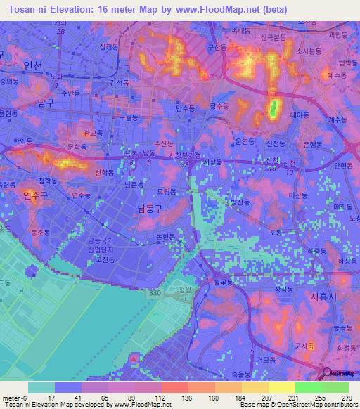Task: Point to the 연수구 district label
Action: click(34, 194)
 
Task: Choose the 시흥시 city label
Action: click(324, 297)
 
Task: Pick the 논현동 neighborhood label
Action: click(166, 237)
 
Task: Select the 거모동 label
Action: click(265, 360)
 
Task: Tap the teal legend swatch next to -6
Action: click(41, 387)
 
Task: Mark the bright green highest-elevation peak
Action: click(274, 109)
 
